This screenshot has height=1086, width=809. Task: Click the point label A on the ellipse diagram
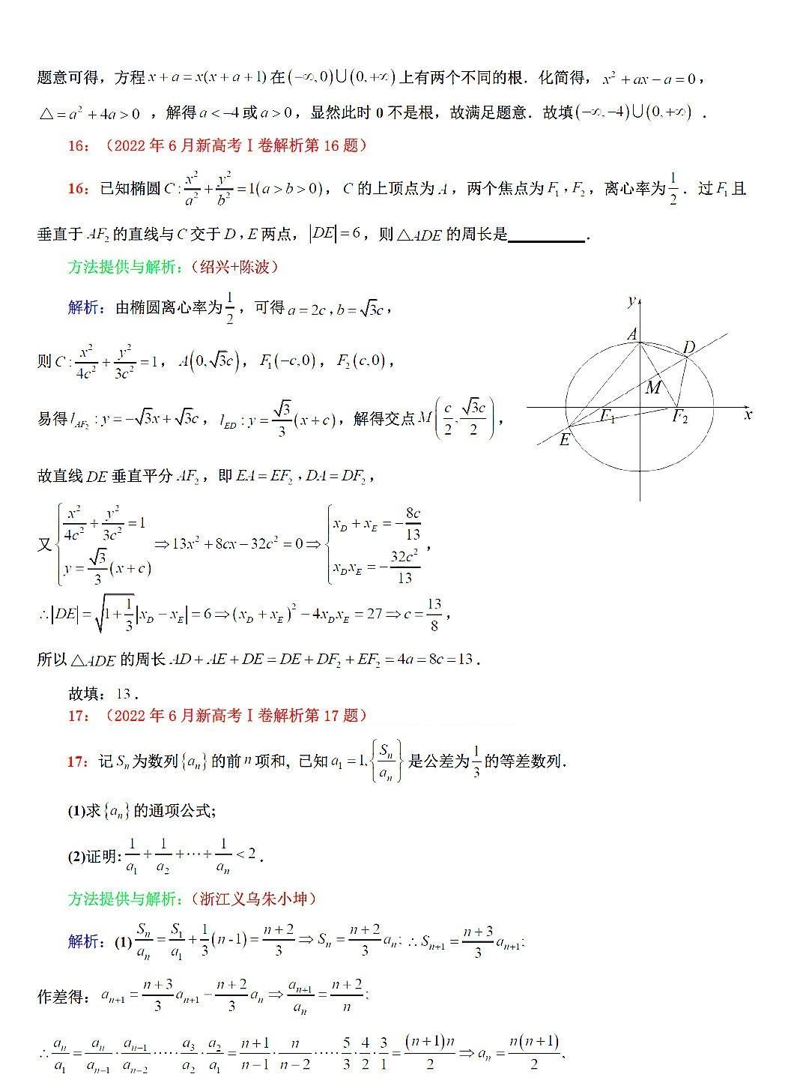pyautogui.click(x=632, y=334)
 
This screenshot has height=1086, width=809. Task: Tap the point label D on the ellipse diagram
pyautogui.click(x=688, y=347)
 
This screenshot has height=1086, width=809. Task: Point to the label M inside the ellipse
pyautogui.click(x=653, y=387)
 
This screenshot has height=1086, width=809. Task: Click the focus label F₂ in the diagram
pyautogui.click(x=679, y=417)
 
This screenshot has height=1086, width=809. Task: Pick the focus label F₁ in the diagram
pyautogui.click(x=607, y=417)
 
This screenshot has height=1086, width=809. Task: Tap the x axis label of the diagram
pyautogui.click(x=748, y=414)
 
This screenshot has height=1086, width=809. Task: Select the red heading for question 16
pyautogui.click(x=217, y=145)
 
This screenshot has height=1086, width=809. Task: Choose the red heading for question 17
pyautogui.click(x=217, y=715)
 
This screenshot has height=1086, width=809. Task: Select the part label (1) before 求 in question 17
pyautogui.click(x=78, y=811)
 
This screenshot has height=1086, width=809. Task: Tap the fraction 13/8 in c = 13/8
pyautogui.click(x=434, y=613)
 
